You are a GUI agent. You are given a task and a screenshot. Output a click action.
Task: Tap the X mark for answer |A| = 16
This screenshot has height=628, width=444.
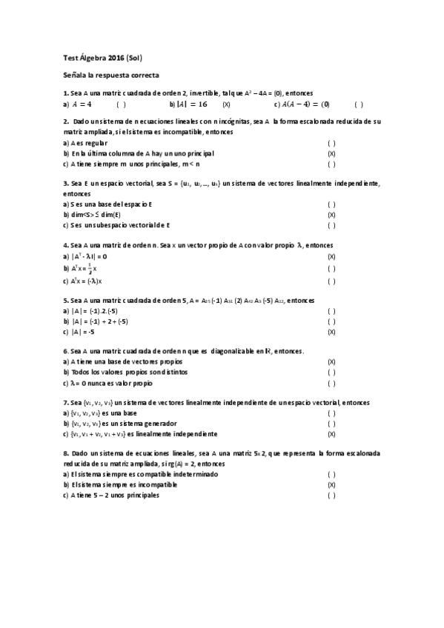226,104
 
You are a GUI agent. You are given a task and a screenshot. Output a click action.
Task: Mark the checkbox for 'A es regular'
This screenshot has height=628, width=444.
331,143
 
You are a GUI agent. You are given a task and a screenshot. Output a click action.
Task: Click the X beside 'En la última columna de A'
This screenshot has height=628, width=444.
331,153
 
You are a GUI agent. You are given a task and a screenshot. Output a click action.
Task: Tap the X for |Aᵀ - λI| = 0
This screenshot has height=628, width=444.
331,255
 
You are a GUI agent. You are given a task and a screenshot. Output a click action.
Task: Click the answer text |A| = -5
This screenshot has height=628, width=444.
88,333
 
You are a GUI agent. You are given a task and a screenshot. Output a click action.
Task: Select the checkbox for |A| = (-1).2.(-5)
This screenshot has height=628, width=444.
331,312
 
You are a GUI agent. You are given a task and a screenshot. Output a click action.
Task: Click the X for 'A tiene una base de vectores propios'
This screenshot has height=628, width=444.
331,362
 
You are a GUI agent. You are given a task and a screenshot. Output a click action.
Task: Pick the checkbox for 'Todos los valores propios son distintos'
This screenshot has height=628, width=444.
331,373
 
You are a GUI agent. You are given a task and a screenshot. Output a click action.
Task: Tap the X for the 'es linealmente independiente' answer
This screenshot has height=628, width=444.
331,434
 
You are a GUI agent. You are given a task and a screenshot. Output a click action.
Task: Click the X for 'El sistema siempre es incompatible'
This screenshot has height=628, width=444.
331,485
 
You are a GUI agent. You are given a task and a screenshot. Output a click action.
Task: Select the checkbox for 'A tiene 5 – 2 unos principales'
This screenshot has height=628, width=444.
331,495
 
